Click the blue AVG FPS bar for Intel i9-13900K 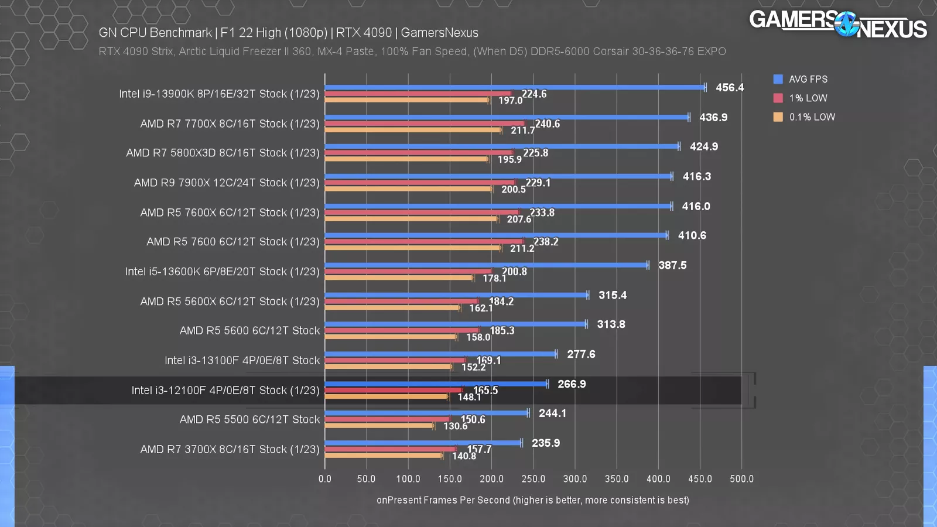pos(515,87)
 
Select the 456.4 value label pos(730,87)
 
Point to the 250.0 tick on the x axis pos(533,478)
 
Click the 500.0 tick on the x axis pos(741,478)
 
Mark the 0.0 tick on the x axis pos(325,478)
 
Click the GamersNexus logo pos(837,25)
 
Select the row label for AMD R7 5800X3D pos(223,153)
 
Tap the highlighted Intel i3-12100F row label pos(225,390)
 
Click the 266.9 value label pos(572,384)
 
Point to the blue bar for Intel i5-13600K pos(486,265)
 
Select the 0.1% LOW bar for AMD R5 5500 pos(379,426)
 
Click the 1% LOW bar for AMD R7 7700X pos(425,124)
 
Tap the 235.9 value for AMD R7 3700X pos(546,443)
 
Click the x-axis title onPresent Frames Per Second pos(532,500)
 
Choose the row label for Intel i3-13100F pos(242,360)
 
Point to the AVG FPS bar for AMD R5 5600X pos(456,295)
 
